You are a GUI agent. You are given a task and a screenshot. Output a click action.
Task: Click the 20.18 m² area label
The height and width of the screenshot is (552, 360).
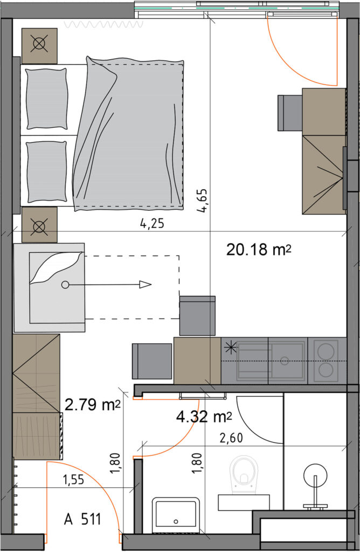(x=259, y=250)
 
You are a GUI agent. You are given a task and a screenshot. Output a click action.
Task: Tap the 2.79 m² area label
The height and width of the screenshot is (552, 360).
(x=93, y=405)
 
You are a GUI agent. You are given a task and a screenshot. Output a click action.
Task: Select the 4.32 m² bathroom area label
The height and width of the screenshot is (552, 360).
(x=204, y=417)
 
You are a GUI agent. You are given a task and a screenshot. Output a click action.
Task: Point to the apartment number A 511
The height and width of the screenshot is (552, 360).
(x=82, y=519)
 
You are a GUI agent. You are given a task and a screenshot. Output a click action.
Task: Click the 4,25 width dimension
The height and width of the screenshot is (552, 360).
(x=152, y=223)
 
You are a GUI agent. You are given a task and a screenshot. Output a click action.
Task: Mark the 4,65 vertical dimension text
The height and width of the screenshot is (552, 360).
(x=202, y=201)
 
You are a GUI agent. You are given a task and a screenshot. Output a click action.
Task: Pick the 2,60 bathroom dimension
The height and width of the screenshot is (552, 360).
(x=231, y=438)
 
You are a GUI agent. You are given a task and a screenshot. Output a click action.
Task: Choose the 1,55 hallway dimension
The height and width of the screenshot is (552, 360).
(x=73, y=479)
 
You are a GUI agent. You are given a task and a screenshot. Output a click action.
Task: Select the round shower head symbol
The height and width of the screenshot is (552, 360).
(x=315, y=476)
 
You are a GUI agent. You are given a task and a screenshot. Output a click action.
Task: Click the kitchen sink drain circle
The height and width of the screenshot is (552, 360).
(x=285, y=361)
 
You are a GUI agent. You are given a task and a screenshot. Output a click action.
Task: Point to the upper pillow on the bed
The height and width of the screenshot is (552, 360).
(x=46, y=99)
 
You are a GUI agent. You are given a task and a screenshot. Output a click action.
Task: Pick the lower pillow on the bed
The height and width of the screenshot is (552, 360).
(x=46, y=172)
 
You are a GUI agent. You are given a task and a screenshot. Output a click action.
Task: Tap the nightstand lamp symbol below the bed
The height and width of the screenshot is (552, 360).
(x=39, y=225)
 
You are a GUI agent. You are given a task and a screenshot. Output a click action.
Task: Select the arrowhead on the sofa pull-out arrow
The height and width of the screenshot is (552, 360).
(x=146, y=285)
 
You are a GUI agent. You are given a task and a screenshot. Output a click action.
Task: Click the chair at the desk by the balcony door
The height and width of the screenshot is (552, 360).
(x=290, y=113)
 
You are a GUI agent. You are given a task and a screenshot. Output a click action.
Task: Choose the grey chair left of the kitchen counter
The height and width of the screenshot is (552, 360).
(x=152, y=361)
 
